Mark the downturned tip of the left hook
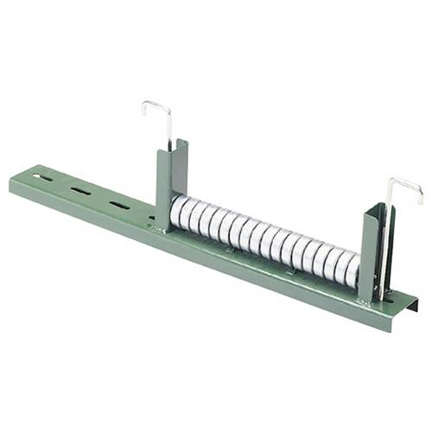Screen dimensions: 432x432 pos(143,112)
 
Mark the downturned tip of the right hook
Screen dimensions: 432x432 pos(421,200)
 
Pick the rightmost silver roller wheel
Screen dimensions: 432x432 pos(351,269)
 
